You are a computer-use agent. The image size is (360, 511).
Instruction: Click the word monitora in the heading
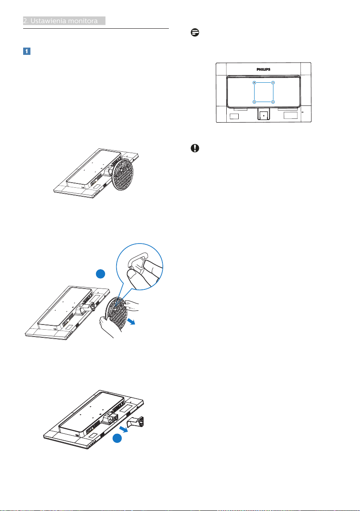(82, 21)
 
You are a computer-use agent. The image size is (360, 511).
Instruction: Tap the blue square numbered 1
(27, 51)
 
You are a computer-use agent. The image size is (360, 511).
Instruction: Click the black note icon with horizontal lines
(195, 33)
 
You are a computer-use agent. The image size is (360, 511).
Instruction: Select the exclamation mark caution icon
(195, 148)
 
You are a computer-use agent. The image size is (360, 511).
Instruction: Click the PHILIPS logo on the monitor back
(263, 69)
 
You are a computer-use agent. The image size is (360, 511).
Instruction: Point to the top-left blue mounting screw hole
(254, 82)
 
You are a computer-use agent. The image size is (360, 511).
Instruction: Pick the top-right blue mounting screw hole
(273, 82)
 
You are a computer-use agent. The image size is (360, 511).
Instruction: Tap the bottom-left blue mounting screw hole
(254, 102)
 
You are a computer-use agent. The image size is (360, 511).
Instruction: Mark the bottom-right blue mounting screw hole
(273, 102)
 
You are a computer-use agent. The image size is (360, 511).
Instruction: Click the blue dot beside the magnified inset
(101, 274)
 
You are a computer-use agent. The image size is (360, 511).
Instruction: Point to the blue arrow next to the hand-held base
(131, 322)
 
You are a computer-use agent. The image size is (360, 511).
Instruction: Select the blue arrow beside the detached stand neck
(123, 428)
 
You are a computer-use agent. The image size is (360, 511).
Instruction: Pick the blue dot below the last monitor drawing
(117, 439)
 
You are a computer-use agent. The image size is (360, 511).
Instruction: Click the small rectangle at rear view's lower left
(234, 116)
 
